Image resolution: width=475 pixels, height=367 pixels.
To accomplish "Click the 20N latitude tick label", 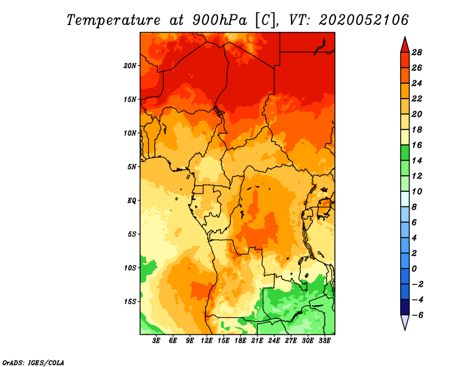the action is [130, 66].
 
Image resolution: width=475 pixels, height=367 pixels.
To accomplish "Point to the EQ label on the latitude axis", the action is [132, 201].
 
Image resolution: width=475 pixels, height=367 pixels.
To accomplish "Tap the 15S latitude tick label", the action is [130, 302].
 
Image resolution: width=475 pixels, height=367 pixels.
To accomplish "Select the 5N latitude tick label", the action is [132, 167].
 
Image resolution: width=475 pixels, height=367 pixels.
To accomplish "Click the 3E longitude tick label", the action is [156, 341].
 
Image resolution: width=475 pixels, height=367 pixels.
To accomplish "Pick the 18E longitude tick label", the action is [240, 341].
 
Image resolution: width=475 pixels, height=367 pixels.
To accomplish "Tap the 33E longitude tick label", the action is [324, 341].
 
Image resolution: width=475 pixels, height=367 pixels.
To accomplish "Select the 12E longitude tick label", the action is [207, 341].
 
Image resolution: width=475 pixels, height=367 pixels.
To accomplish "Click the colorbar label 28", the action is [417, 52].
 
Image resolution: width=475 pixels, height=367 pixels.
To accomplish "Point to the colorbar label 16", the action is [417, 145].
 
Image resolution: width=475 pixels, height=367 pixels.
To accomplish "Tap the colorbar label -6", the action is [417, 315].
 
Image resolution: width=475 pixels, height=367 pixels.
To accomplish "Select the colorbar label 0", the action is [414, 269].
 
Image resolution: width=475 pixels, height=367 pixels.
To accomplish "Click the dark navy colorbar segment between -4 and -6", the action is [405, 307].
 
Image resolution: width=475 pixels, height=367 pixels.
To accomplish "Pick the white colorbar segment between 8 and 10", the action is [405, 199].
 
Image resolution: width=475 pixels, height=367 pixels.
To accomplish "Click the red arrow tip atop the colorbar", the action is [405, 37].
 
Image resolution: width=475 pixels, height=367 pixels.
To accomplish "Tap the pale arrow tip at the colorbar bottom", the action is [405, 329].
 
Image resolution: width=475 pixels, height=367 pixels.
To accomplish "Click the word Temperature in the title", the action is [113, 20].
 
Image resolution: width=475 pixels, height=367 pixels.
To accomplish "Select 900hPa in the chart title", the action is [220, 20].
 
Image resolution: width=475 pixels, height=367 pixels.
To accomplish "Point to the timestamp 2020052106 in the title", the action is [364, 20].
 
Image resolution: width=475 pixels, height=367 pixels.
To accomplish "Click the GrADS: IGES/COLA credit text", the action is [33, 363].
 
